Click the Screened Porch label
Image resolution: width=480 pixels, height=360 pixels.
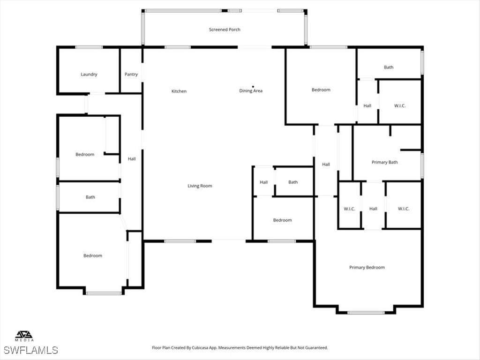point(225,30)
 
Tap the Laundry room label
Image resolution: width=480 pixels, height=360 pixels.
point(89,74)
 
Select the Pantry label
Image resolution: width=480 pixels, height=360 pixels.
point(131,74)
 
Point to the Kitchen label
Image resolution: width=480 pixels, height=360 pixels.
point(179,91)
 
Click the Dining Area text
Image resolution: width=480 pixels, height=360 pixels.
point(251,91)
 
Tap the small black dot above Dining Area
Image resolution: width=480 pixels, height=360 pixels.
point(253,86)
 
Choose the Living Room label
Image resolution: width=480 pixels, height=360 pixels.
point(200,186)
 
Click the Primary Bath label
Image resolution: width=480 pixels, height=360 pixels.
point(384,162)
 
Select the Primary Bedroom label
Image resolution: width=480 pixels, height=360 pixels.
point(367,267)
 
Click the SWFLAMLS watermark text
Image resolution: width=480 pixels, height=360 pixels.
point(30,350)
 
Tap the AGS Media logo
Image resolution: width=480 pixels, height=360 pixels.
point(24,336)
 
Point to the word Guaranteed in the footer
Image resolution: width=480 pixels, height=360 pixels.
point(315,348)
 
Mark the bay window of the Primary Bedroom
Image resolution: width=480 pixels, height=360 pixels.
point(366,313)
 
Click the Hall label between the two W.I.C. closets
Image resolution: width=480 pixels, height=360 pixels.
point(373,209)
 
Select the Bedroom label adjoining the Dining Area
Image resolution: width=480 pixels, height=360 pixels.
point(321,90)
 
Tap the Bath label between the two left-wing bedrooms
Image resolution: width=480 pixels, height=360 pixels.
point(90,197)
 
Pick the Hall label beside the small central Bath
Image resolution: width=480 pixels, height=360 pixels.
point(264,182)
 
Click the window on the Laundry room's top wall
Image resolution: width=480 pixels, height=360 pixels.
point(89,47)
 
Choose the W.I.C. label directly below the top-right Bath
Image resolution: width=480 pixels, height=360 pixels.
point(399,105)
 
